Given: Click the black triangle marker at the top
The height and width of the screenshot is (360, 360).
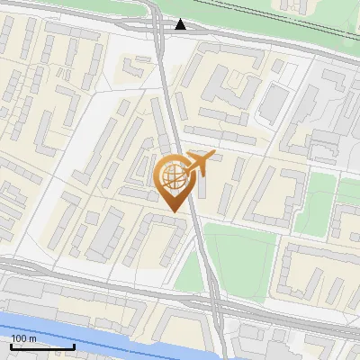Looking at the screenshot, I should [x=182, y=24].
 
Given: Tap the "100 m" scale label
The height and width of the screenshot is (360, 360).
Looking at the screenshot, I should [x=23, y=338].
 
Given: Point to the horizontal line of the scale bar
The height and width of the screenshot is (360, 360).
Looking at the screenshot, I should [x=42, y=346].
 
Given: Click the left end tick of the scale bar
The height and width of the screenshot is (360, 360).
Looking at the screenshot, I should [x=11, y=345].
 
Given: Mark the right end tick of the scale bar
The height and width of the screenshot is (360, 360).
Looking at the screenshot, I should [x=74, y=345].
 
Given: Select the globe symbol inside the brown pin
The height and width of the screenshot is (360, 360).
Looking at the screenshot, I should [x=172, y=174].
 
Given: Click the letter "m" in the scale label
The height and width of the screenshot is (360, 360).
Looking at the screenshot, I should [x=33, y=338].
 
